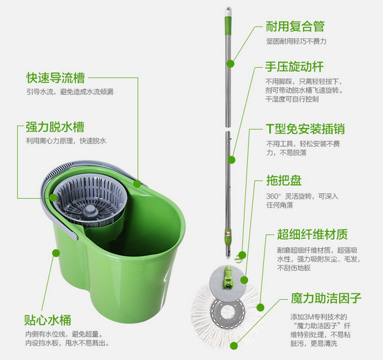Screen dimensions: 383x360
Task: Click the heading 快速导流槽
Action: [x=56, y=78]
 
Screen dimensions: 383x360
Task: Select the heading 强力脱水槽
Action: [x=55, y=127]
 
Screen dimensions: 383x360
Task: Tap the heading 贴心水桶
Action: [x=48, y=320]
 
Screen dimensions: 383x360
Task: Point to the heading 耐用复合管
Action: [x=295, y=26]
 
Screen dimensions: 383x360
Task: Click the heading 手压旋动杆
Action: [x=294, y=67]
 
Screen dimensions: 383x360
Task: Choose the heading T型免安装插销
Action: [x=305, y=129]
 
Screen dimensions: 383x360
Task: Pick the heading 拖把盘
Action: [x=284, y=180]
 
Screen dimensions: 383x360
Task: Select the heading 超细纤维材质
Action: [x=312, y=235]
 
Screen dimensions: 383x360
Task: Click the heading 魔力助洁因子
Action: [x=326, y=298]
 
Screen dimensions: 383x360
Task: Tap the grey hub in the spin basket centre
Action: [x=90, y=211]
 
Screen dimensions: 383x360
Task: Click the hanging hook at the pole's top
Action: [x=228, y=11]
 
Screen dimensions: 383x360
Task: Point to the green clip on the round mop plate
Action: [x=228, y=276]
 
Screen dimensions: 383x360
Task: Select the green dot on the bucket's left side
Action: [x=56, y=253]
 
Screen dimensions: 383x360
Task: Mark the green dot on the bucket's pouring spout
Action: [x=137, y=184]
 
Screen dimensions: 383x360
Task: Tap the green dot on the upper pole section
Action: [x=230, y=64]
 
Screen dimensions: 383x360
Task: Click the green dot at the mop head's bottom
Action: [x=234, y=346]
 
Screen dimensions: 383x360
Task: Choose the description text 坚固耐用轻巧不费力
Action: [x=296, y=41]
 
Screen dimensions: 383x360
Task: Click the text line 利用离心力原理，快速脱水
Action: [x=66, y=141]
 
